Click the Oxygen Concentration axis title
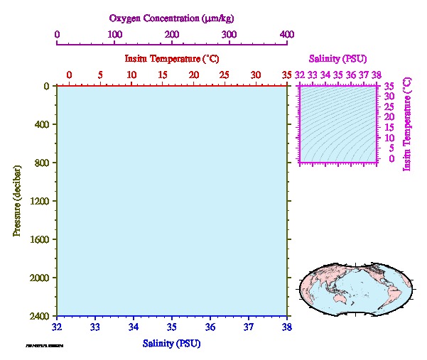171,18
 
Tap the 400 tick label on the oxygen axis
286,33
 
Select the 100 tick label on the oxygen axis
114,33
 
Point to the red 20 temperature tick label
193,75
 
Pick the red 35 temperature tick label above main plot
286,75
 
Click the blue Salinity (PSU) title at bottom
171,344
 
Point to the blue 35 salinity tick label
171,327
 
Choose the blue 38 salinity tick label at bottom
286,327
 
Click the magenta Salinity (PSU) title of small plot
337,59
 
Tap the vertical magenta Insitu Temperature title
407,124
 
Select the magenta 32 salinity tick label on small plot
301,74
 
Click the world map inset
354,288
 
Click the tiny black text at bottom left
45,346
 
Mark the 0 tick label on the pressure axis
46,86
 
